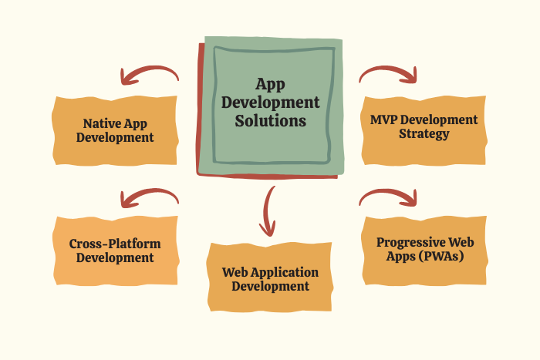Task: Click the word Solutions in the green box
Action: click(x=270, y=121)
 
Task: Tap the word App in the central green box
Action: click(x=270, y=84)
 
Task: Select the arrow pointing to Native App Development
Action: click(x=150, y=75)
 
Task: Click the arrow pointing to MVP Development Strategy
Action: click(x=388, y=75)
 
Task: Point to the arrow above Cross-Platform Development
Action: click(x=150, y=198)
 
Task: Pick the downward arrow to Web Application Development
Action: click(x=267, y=211)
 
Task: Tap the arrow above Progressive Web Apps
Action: click(x=388, y=197)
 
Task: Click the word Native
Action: click(x=98, y=123)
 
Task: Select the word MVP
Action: click(x=383, y=119)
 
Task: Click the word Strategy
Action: click(x=424, y=133)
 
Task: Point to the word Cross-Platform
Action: click(x=115, y=244)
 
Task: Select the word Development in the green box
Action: click(x=270, y=103)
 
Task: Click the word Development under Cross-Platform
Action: click(x=115, y=257)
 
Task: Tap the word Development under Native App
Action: click(x=115, y=137)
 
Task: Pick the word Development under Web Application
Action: click(x=270, y=286)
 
